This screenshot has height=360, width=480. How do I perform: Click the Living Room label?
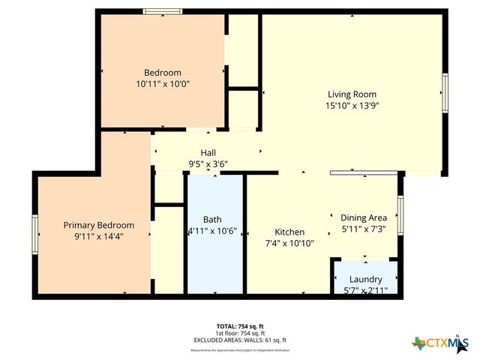point(352,94)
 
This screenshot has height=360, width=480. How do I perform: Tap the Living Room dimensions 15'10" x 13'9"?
point(352,106)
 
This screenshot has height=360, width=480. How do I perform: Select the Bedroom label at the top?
point(163,73)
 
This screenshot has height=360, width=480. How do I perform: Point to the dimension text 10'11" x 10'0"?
point(163,84)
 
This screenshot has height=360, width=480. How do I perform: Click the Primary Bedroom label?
point(98,225)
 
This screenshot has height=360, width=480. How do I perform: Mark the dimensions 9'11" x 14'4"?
point(98,236)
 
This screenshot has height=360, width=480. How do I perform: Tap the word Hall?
point(208,153)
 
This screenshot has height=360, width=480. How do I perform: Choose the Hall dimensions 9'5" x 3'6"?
point(208,164)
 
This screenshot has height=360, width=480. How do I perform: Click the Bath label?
point(211,220)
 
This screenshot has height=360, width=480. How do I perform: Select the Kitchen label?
point(289,232)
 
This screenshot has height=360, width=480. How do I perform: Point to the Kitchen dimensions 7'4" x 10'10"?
point(289,243)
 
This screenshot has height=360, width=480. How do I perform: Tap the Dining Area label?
point(364,217)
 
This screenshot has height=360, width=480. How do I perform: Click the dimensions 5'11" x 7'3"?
point(364,229)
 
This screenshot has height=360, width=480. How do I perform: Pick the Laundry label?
point(366,279)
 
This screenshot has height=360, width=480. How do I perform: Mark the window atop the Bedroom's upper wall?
point(163,11)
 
